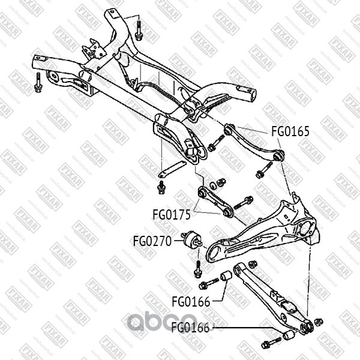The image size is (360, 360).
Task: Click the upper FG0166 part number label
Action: tap(191, 301)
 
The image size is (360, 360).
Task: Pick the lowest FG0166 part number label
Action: tap(191, 328)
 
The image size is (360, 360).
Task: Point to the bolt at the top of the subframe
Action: tap(139, 29)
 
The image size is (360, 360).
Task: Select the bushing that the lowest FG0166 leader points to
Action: tap(290, 334)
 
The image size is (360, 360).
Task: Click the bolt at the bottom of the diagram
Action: tap(268, 344)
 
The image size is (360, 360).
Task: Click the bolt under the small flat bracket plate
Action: tap(160, 188)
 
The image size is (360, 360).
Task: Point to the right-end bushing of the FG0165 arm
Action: tap(278, 155)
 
